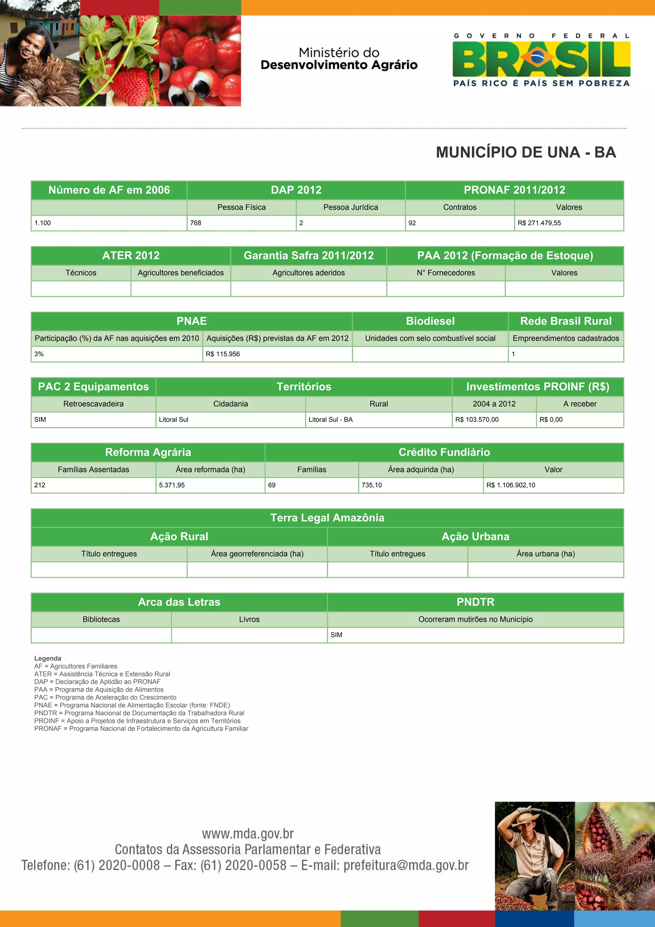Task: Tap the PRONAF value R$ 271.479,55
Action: click(539, 223)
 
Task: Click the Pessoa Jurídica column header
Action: click(351, 207)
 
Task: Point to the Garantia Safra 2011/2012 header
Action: click(309, 255)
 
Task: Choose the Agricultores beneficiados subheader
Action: click(181, 273)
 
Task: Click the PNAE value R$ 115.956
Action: click(223, 354)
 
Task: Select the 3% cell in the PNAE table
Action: click(39, 354)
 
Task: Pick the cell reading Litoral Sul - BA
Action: click(331, 420)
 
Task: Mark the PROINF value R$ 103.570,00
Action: click(477, 420)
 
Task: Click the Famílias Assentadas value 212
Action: click(40, 485)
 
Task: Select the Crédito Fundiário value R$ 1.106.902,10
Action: click(511, 485)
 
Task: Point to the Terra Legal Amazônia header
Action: click(327, 518)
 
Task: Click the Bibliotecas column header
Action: click(101, 619)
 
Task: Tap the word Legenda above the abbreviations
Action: click(48, 658)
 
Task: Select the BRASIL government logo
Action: click(541, 60)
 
